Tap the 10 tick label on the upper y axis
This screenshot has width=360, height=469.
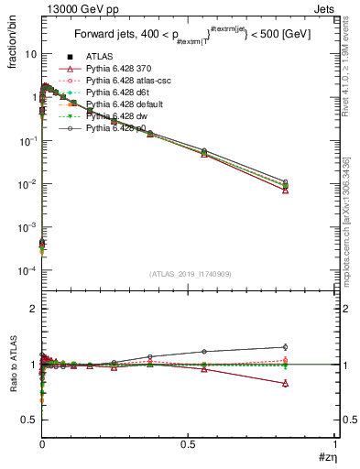click(30, 54)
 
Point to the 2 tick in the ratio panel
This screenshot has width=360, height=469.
click(33, 310)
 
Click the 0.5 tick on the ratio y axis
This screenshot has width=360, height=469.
click(29, 420)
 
